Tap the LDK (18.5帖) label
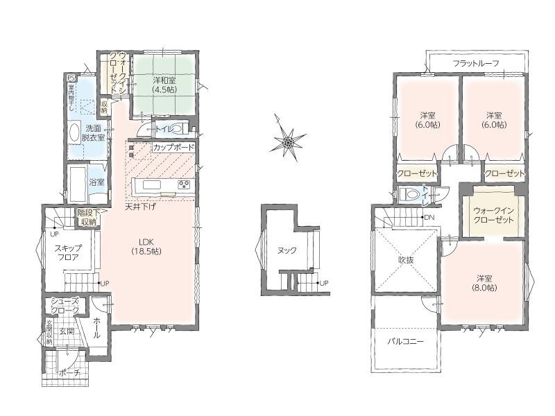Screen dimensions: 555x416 tap(146, 247)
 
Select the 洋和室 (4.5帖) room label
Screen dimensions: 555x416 tap(164, 85)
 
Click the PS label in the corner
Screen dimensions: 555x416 tap(71, 78)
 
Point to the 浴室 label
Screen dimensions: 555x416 tap(96, 182)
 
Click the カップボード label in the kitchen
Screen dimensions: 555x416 tap(173, 147)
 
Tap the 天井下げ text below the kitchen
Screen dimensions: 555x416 tap(140, 207)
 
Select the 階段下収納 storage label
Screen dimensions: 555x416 tap(87, 218)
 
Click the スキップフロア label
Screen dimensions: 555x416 tap(68, 252)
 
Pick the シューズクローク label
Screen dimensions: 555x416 tap(65, 306)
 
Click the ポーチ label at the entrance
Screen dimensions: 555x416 tap(69, 372)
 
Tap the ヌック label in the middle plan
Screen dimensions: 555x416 tap(287, 250)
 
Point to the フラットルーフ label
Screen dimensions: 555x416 tap(476, 64)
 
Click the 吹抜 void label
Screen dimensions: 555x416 tap(406, 260)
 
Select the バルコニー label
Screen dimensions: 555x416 tap(406, 342)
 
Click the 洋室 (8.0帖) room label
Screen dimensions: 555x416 tap(484, 283)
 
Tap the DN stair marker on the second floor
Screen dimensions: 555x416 tap(429, 217)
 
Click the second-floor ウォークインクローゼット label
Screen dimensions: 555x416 tap(493, 215)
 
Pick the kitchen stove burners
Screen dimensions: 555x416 tap(183, 184)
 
